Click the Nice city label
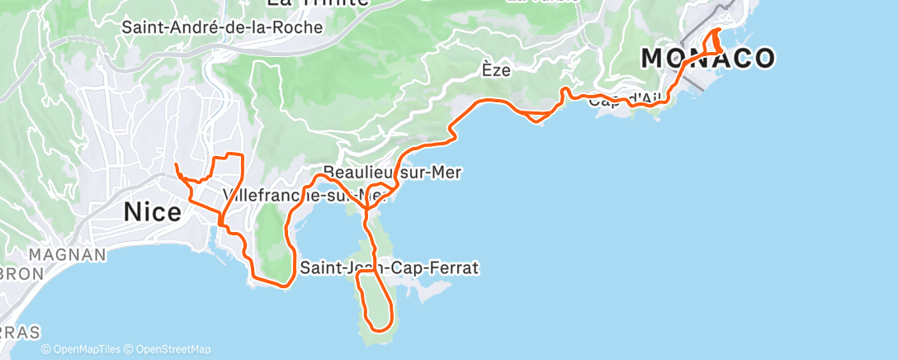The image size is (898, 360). point(152,212)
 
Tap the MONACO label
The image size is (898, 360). point(708,58)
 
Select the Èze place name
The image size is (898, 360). point(496,70)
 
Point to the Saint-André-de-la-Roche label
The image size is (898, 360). point(221,26)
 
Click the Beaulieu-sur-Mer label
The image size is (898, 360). point(392,173)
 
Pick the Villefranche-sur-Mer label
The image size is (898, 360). point(305,197)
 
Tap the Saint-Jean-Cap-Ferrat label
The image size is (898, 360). point(390,268)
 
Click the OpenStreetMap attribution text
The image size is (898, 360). point(172,349)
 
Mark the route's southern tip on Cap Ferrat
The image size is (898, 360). point(380,329)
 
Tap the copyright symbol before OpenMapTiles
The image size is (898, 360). point(46,349)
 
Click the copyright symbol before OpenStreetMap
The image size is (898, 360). point(128,349)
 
